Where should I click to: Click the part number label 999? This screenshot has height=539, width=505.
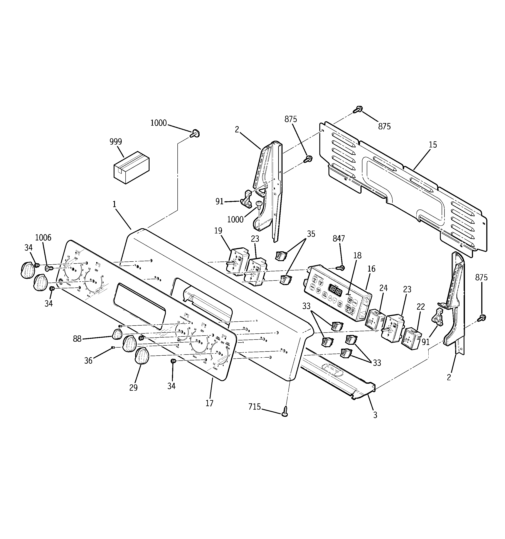(116, 142)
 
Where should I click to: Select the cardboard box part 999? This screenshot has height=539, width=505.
(131, 167)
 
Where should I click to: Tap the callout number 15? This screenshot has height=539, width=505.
(433, 145)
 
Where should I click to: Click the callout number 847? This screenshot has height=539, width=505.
(338, 239)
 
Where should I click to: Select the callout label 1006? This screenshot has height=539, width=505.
(43, 238)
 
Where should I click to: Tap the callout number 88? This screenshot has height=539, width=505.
(77, 339)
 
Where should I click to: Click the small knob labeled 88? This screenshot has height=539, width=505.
(117, 334)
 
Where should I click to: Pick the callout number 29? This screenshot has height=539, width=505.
(133, 388)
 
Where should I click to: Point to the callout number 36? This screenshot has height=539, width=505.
(88, 361)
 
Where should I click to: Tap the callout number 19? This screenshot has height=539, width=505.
(218, 231)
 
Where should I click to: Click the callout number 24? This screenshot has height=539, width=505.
(383, 288)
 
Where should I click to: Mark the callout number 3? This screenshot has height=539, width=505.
(375, 422)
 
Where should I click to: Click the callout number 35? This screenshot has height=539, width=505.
(311, 234)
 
